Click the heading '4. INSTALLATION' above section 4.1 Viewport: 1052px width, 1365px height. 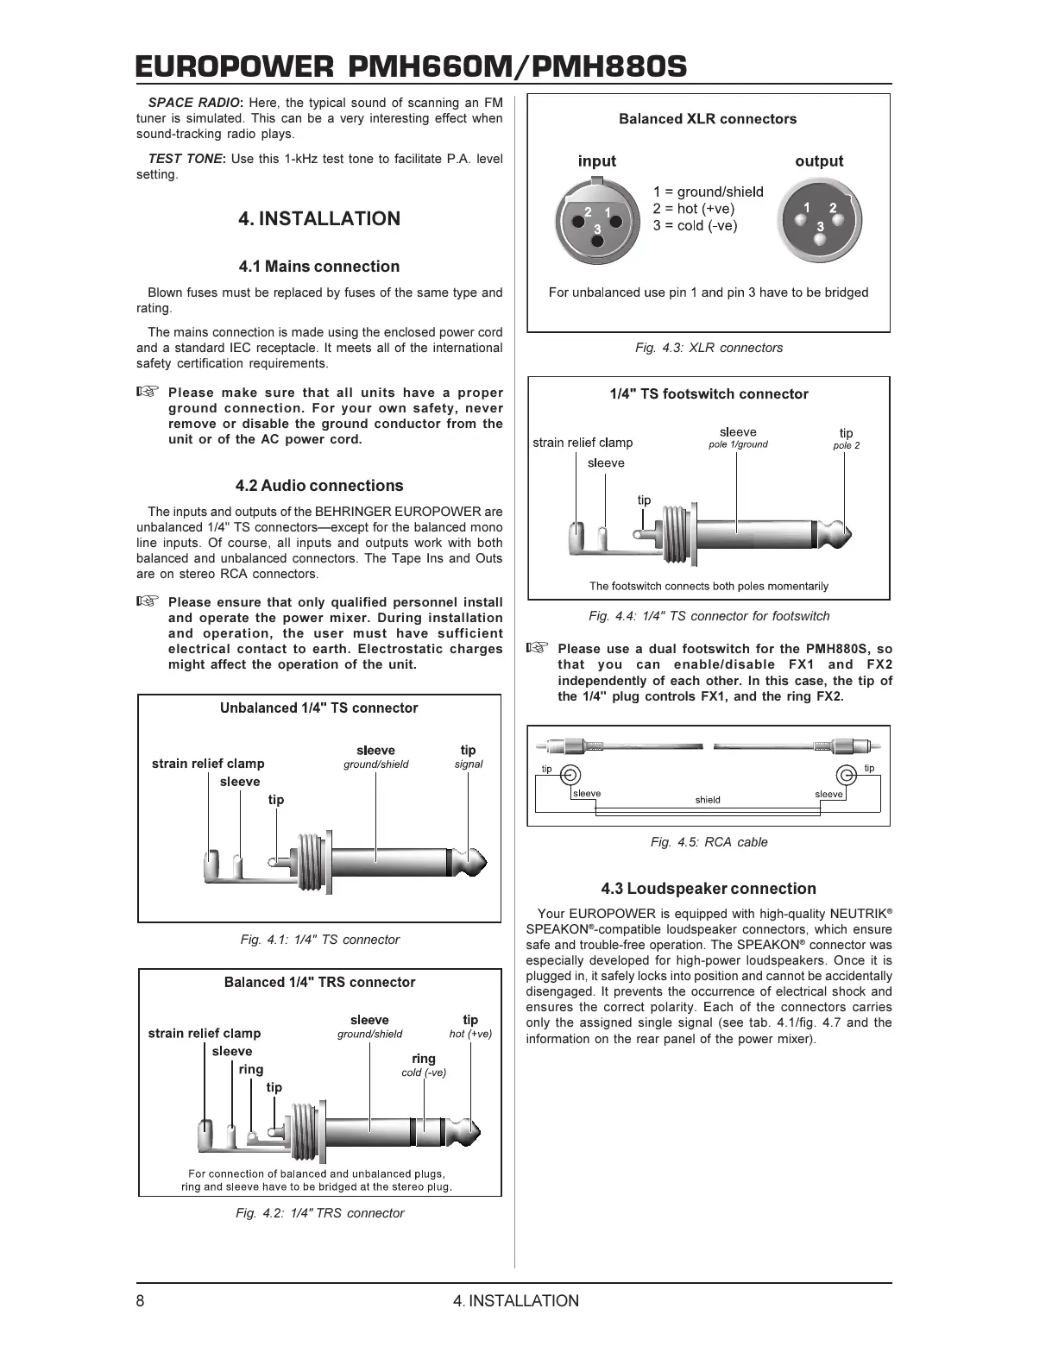click(x=319, y=218)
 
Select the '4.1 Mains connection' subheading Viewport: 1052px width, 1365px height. click(x=319, y=267)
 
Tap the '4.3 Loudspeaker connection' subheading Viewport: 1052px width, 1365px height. click(x=709, y=889)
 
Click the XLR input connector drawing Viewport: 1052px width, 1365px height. click(x=596, y=219)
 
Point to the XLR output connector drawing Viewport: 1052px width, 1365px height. click(x=820, y=219)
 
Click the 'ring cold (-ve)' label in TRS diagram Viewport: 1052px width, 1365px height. click(x=424, y=1065)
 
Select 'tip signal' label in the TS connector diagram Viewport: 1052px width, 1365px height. click(x=469, y=756)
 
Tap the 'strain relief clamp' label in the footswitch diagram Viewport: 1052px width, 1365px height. click(x=583, y=443)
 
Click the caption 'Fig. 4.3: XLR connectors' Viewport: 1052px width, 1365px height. click(x=709, y=348)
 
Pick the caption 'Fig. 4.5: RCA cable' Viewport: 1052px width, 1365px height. click(x=709, y=842)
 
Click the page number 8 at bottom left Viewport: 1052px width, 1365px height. click(x=141, y=1301)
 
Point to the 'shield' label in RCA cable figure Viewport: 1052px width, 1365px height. click(x=708, y=800)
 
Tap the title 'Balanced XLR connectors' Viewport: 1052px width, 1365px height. click(x=708, y=119)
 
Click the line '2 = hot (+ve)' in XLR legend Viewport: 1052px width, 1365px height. click(x=694, y=209)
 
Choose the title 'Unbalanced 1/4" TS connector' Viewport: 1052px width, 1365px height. click(x=318, y=708)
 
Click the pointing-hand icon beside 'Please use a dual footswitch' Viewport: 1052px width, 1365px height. click(x=537, y=648)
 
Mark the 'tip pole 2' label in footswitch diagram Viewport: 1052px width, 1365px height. click(x=847, y=438)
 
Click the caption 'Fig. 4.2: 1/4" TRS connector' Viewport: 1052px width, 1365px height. click(x=319, y=1213)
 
